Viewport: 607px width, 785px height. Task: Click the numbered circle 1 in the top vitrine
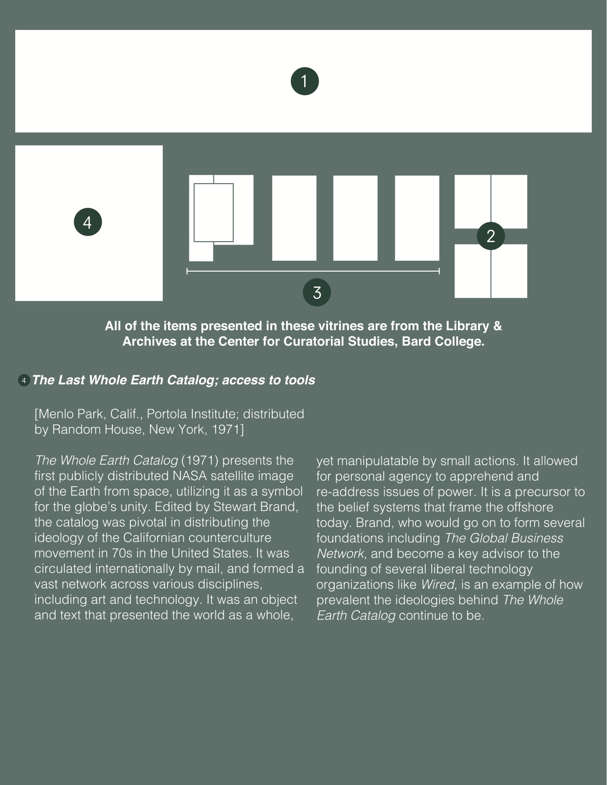pyautogui.click(x=305, y=81)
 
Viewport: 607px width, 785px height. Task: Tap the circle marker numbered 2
pyautogui.click(x=491, y=236)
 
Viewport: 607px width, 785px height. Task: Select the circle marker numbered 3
pyautogui.click(x=317, y=292)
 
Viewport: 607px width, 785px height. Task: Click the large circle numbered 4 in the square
pyautogui.click(x=88, y=222)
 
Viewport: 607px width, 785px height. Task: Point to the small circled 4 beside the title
pyautogui.click(x=24, y=381)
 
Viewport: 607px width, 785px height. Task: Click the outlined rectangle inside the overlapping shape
pyautogui.click(x=214, y=212)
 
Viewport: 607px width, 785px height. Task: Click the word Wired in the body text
pyautogui.click(x=437, y=585)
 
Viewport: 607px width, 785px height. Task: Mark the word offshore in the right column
pyautogui.click(x=530, y=507)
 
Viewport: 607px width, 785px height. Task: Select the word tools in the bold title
pyautogui.click(x=299, y=380)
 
